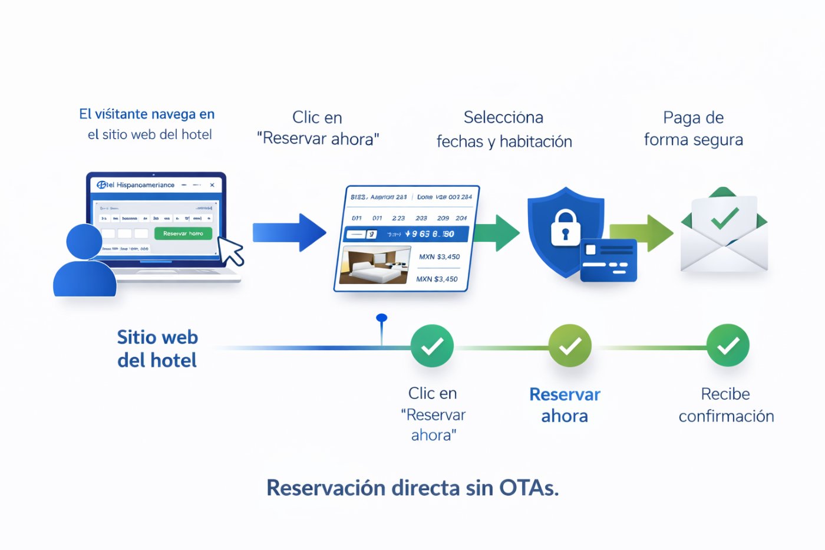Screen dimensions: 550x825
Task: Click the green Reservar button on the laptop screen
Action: tap(183, 233)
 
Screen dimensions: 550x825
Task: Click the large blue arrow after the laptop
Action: tap(289, 233)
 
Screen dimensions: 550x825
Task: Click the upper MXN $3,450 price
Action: tap(439, 257)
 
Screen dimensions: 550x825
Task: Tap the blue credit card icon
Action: tap(608, 260)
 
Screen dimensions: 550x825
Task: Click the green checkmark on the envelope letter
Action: tap(724, 218)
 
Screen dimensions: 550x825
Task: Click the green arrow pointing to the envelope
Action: tap(642, 233)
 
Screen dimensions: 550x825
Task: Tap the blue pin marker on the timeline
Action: tap(382, 319)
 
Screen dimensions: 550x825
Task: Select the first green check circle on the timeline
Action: tap(432, 346)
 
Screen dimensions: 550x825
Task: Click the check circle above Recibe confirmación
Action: tap(728, 345)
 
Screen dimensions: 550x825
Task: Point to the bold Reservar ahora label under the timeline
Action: tap(565, 405)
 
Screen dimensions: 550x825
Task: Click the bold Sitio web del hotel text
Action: tap(157, 348)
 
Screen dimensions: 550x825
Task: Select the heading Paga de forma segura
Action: tap(693, 129)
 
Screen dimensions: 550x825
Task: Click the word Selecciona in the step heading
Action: tap(503, 117)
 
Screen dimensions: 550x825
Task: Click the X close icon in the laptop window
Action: tap(212, 185)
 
